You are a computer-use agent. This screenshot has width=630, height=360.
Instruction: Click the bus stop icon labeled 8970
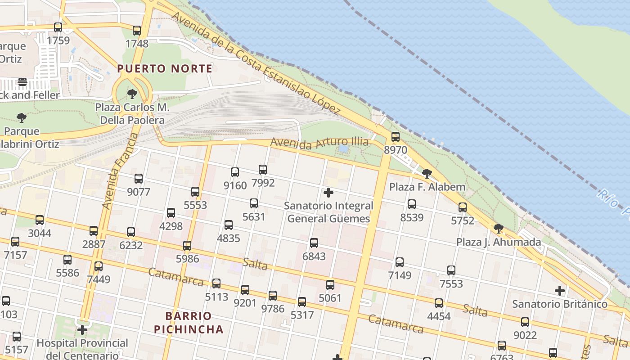(395, 137)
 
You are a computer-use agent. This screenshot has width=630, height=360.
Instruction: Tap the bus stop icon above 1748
(137, 31)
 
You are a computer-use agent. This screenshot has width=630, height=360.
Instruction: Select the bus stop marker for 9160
(234, 172)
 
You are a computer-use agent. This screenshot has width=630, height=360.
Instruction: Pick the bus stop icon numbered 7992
(263, 170)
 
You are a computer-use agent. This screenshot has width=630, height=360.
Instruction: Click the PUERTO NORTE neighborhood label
(164, 68)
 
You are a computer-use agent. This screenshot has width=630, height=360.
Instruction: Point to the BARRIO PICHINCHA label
(189, 322)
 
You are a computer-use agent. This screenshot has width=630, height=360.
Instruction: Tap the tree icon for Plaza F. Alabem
(427, 173)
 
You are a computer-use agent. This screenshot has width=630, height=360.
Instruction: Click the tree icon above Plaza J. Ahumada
(498, 229)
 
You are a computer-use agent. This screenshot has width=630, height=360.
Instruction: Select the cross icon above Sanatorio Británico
(559, 291)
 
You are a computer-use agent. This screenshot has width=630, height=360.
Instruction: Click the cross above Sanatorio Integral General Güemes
(328, 193)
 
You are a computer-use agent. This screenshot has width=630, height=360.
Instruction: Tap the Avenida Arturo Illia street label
(319, 143)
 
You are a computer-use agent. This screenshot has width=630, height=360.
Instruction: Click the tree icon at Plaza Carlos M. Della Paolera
(132, 94)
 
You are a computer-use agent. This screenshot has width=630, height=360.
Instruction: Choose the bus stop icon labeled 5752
(463, 207)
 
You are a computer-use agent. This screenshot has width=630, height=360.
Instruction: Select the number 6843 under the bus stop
(314, 256)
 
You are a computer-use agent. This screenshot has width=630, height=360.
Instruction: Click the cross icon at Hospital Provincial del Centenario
(82, 330)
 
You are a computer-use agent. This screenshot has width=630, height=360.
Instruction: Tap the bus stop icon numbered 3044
(40, 220)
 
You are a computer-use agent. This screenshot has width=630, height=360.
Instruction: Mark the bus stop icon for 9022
(525, 322)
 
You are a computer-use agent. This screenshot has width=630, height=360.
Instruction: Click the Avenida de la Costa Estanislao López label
(256, 63)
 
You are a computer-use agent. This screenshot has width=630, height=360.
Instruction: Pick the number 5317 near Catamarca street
(302, 315)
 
